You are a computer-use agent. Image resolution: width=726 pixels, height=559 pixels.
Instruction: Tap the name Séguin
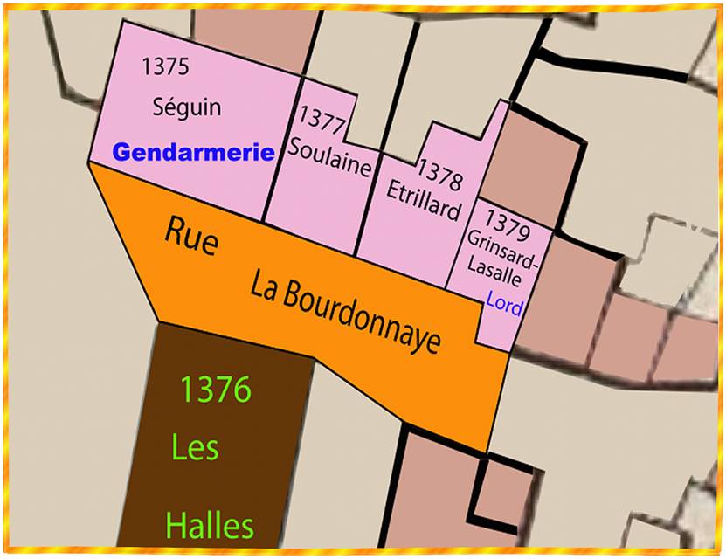coord(187,107)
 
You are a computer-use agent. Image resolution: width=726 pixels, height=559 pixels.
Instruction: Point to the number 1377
coord(322,118)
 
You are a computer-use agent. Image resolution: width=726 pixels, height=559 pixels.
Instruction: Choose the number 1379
coord(508,216)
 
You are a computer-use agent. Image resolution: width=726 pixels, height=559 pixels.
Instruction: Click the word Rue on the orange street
coord(191,237)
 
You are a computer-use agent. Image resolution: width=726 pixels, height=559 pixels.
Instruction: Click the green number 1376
coord(215,390)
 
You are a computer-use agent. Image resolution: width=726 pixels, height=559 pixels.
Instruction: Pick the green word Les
coord(196,449)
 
